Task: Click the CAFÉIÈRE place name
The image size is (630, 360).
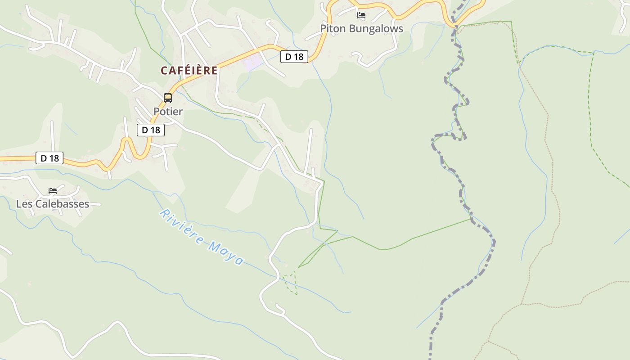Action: (x=189, y=71)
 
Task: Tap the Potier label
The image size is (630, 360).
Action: (x=168, y=112)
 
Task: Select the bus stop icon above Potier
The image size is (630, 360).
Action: (x=168, y=98)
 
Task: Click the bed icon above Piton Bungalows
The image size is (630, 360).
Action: (x=361, y=15)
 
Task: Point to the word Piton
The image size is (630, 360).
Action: (x=332, y=29)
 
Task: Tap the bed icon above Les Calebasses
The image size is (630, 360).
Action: (x=53, y=191)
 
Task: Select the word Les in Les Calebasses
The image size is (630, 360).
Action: (x=24, y=204)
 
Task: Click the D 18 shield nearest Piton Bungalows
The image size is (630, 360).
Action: (x=294, y=57)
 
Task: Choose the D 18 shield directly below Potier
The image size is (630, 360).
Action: (x=151, y=130)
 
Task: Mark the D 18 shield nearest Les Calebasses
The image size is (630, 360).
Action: (x=49, y=158)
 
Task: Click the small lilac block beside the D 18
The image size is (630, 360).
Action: (x=253, y=62)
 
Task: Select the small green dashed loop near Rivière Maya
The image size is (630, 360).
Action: (x=291, y=282)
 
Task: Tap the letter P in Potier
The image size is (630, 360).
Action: (x=157, y=112)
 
